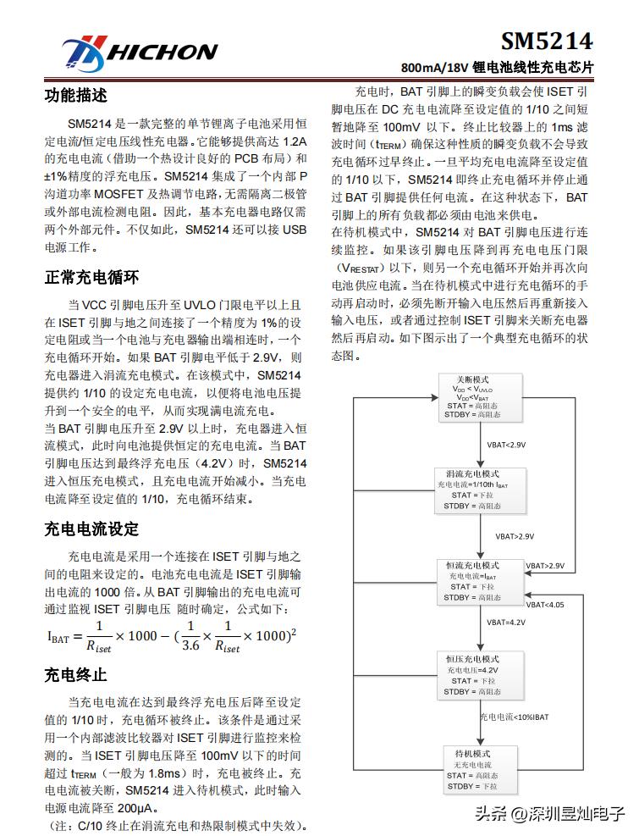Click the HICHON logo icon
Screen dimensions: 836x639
[x=82, y=53]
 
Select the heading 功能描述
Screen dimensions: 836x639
[x=75, y=96]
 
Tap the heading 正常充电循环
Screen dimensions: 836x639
[x=91, y=277]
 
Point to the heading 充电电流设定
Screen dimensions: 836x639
[x=91, y=529]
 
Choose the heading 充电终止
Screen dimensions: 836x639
[x=75, y=674]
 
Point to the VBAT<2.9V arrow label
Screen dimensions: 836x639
[x=506, y=444]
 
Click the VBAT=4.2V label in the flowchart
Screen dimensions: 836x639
[x=506, y=622]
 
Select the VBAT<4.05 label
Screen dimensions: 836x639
[x=544, y=605]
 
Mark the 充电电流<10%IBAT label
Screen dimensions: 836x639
[x=514, y=717]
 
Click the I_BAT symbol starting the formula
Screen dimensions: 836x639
[x=58, y=637]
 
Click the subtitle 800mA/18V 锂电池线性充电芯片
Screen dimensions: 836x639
[x=497, y=67]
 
